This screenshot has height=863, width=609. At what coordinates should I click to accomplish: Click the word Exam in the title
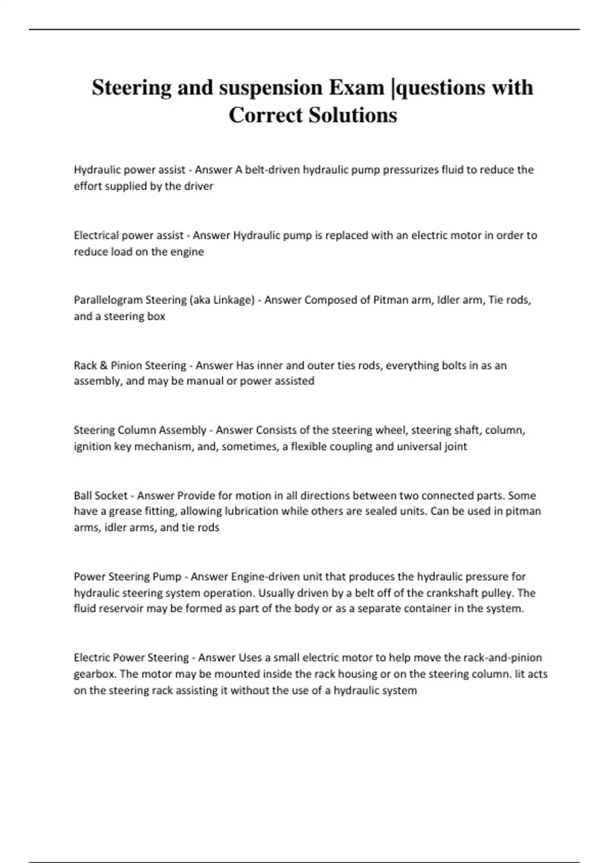click(x=356, y=87)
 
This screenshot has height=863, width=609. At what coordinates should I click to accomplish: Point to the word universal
click(x=419, y=447)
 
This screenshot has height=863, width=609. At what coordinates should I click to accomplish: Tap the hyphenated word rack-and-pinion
click(x=502, y=658)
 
